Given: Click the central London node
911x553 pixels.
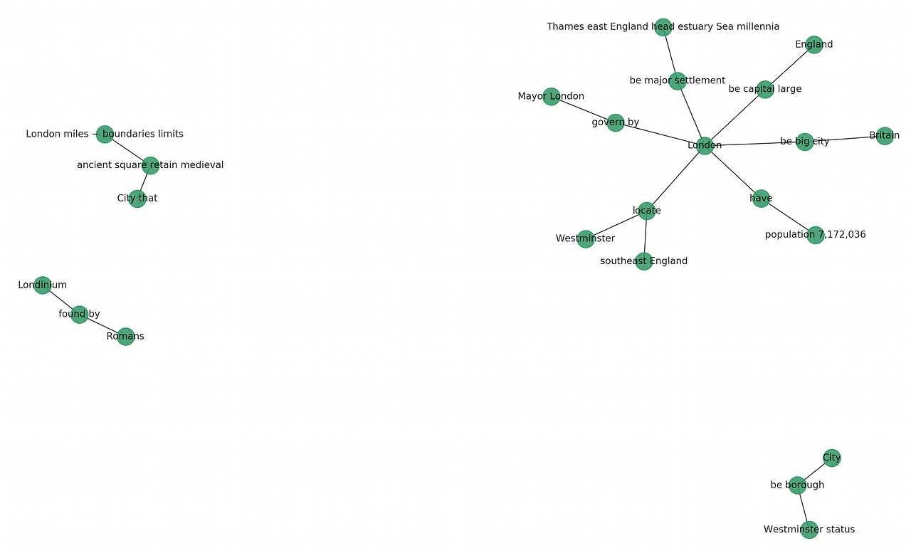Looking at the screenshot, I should (705, 145).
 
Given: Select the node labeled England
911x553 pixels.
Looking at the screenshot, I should (814, 45).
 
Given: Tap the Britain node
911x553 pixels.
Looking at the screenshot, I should (885, 136).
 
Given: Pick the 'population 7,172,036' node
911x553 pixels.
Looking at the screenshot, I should (816, 235).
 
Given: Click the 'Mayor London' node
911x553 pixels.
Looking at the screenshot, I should (551, 97).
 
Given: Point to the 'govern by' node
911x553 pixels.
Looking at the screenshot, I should (616, 122).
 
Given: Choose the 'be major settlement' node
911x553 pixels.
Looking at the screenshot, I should (678, 81).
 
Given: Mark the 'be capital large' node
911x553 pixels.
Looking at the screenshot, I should (765, 90).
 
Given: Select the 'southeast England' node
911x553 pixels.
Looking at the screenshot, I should (643, 261).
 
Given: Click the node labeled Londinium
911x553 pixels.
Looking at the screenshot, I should (43, 285).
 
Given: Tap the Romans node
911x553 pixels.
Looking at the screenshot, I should (125, 337).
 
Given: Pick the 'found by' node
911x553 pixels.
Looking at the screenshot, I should (80, 315).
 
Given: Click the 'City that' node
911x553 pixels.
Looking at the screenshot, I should (137, 199).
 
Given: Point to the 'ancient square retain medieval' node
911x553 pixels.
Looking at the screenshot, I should (150, 165).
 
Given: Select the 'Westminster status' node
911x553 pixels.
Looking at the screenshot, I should (809, 530).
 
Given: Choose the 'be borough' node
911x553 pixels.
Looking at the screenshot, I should (798, 485).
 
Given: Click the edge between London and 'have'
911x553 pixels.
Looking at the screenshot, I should (733, 172).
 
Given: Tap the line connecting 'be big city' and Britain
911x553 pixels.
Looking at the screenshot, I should (845, 139).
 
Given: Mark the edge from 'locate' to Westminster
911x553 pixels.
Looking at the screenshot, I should (616, 225).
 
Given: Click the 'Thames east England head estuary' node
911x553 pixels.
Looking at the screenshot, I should (663, 27).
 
